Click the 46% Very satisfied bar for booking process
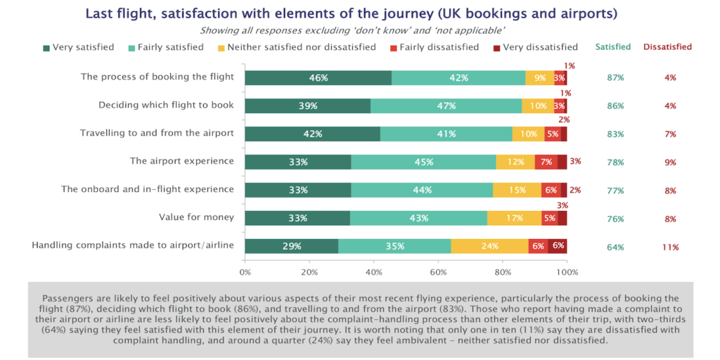coord(318,78)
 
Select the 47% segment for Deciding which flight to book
coord(446,106)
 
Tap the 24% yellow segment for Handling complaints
coord(489,246)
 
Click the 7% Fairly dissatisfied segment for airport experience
coord(546,162)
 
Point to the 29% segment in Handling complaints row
coord(292,246)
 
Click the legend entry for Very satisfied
coord(78,47)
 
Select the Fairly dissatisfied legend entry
coord(434,47)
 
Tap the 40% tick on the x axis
coord(374,271)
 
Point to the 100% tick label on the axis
coord(567,271)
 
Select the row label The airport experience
coord(181,161)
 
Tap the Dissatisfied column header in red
coord(667,47)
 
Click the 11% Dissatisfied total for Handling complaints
coord(669,247)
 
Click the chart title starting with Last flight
coord(360,13)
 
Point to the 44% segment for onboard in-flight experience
coord(422,190)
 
